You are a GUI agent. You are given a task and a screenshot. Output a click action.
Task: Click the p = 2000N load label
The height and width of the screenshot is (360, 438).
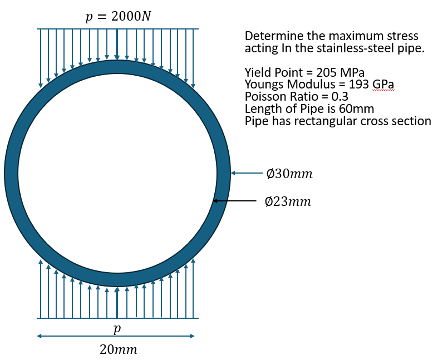tap(118, 16)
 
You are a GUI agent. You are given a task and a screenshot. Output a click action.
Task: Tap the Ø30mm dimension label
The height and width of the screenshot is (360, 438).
tap(289, 174)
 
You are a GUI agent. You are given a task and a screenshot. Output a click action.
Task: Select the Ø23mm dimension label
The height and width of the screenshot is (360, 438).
tap(288, 201)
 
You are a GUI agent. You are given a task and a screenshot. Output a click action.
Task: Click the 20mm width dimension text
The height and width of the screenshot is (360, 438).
tap(119, 349)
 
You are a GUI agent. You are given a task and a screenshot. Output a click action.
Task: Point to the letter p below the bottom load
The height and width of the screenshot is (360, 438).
tap(117, 329)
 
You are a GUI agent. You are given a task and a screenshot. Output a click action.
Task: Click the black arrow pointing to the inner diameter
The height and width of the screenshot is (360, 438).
tap(235, 200)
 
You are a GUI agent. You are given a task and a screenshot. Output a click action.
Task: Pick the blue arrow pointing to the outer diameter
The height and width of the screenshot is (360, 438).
tap(247, 173)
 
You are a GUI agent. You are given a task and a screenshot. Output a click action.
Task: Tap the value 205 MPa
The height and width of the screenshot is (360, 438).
tap(340, 73)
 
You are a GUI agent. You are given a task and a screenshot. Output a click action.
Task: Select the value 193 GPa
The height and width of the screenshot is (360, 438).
tap(371, 84)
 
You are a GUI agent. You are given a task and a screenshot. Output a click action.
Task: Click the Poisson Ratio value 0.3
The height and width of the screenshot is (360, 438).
tap(339, 97)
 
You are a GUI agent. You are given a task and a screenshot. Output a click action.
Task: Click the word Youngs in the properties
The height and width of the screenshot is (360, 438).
tap(264, 85)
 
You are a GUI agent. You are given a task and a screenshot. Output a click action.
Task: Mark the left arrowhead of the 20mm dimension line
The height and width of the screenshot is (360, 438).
tap(39, 336)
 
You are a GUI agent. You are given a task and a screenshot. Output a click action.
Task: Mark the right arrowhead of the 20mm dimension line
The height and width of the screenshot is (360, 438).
tap(192, 336)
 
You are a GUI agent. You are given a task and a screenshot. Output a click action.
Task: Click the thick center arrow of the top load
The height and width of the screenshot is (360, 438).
tap(117, 44)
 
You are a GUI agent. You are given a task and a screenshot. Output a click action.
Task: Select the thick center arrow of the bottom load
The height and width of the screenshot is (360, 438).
tap(117, 303)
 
